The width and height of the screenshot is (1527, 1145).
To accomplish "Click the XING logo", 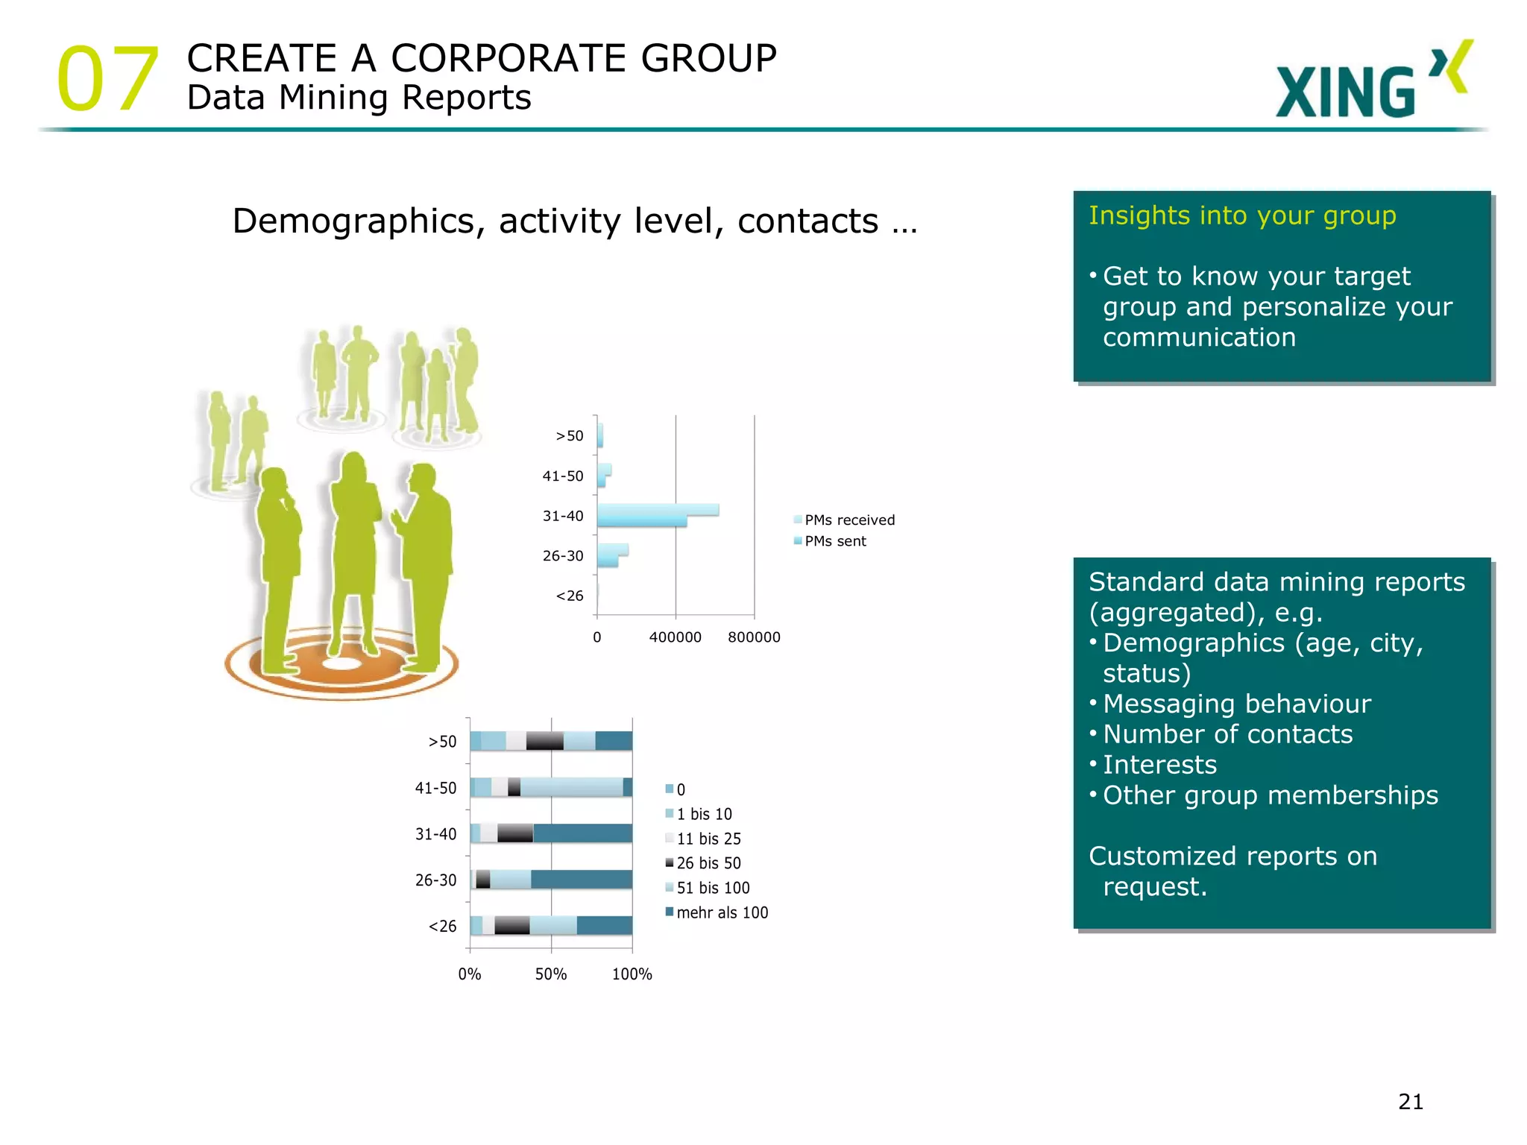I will point(1372,82).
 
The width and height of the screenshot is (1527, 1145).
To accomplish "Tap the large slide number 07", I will point(108,78).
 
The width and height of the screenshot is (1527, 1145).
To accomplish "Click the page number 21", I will point(1411,1102).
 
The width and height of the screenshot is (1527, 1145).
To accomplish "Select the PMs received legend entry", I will point(848,520).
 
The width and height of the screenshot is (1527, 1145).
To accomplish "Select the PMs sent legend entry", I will point(835,541).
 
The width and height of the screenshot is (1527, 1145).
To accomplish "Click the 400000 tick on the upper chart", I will point(675,637).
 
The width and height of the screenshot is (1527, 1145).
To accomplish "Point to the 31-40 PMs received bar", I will point(658,510).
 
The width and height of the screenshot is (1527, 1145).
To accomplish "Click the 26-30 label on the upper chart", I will point(563,556).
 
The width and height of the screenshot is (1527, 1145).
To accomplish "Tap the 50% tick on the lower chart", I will point(551,974).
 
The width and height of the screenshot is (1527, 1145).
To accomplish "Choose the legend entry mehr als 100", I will point(721,912).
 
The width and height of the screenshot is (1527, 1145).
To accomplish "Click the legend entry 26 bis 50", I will point(708,863).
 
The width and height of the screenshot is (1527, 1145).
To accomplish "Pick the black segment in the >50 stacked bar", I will point(544,741).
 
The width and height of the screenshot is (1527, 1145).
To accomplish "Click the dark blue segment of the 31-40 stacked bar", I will point(582,833).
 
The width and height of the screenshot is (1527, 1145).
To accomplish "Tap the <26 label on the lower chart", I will point(442,927).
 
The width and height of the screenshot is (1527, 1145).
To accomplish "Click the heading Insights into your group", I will point(1242,215).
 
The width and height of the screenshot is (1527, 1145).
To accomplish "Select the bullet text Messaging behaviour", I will point(1236,704).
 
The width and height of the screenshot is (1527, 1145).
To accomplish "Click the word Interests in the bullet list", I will point(1159,765).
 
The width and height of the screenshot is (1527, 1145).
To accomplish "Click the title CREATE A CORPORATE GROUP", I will point(482,58).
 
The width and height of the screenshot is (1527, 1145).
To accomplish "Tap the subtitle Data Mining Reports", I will point(359,98).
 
